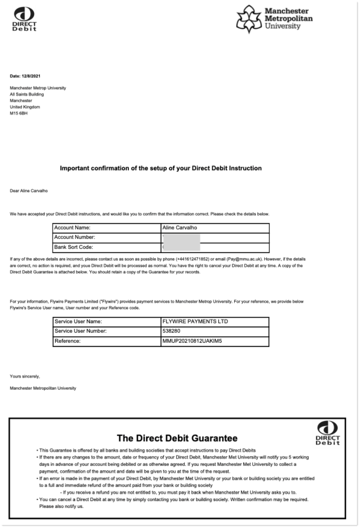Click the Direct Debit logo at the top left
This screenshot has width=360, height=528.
(24, 19)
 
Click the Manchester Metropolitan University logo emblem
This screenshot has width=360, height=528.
(249, 19)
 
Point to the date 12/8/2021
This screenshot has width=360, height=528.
(31, 76)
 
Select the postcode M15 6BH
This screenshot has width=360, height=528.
(19, 113)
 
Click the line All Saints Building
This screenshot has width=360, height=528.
(27, 94)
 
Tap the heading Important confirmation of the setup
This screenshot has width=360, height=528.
(161, 168)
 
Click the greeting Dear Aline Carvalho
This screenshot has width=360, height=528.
(29, 191)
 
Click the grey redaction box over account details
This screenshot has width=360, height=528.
(182, 242)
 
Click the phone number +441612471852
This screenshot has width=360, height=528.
(193, 259)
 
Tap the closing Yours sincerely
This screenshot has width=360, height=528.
(25, 376)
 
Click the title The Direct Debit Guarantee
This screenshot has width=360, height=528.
(177, 438)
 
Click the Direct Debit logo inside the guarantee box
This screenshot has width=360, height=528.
(328, 433)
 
